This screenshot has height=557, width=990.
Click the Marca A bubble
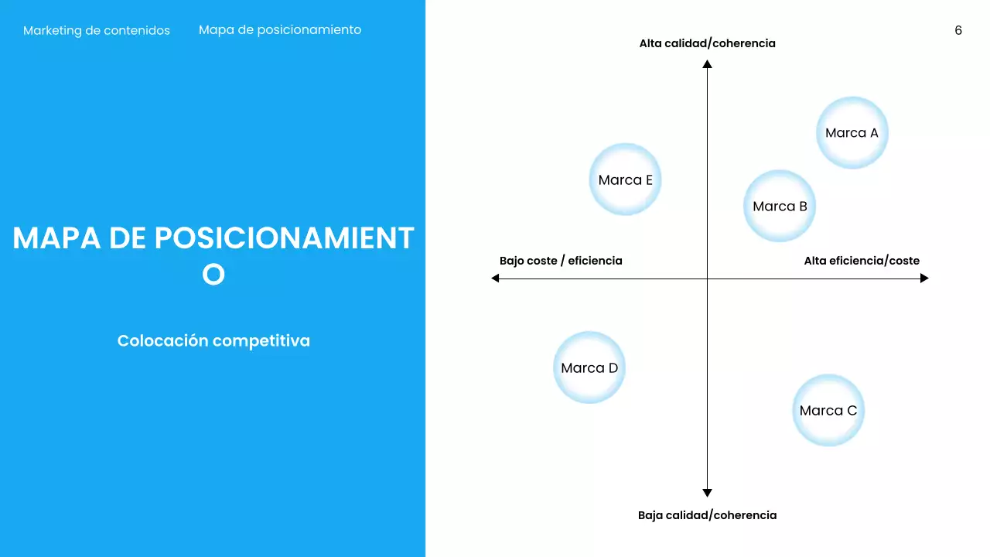(x=852, y=132)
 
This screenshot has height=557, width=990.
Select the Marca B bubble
(x=780, y=206)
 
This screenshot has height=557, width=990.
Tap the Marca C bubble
(x=828, y=411)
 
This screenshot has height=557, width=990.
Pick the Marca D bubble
(x=589, y=367)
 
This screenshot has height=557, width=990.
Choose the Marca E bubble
(x=625, y=179)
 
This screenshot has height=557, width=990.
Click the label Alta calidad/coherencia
(x=707, y=43)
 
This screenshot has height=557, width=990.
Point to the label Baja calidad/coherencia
(x=707, y=515)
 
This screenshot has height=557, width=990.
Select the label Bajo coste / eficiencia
(x=561, y=261)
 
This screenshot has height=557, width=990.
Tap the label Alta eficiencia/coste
(x=862, y=261)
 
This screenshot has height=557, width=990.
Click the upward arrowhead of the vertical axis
(x=707, y=64)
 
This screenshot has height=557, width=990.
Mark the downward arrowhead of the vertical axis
(x=707, y=492)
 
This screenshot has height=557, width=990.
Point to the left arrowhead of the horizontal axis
(x=496, y=278)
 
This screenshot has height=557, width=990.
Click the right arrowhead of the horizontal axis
(x=924, y=278)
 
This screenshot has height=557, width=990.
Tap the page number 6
(x=958, y=31)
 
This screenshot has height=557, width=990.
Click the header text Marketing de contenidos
(x=97, y=31)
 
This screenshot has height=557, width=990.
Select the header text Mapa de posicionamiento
(x=280, y=30)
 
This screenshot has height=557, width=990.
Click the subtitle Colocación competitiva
(x=213, y=340)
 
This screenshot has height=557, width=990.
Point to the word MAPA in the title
(x=56, y=238)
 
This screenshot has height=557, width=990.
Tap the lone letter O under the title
(x=213, y=275)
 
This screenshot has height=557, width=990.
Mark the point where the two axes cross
(x=707, y=278)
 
